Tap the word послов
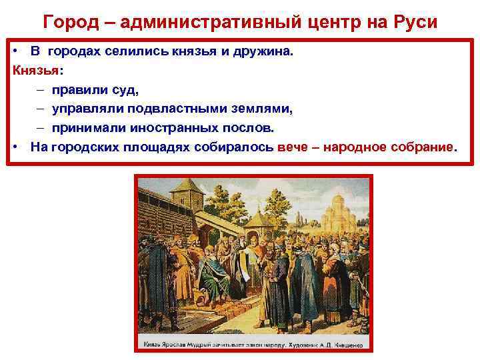251,127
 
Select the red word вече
293,146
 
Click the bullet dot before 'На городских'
15,146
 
